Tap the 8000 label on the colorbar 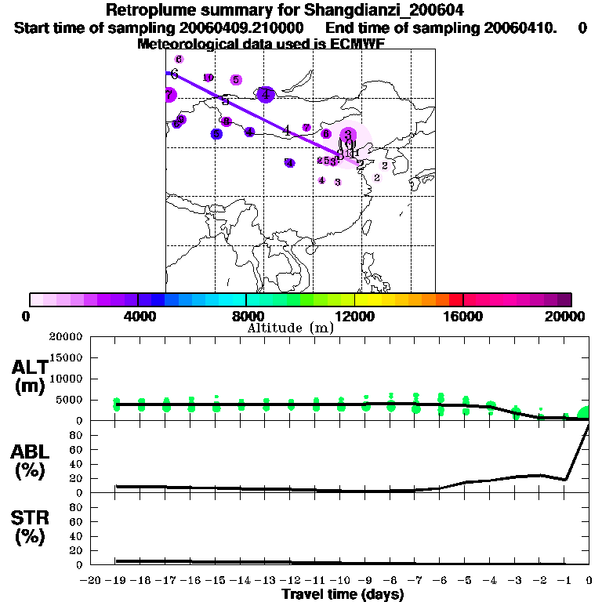[245, 316]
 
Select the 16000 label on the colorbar [463, 316]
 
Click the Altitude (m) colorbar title [290, 328]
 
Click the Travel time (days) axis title [343, 595]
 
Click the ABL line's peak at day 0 [588, 426]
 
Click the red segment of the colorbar [455, 299]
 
